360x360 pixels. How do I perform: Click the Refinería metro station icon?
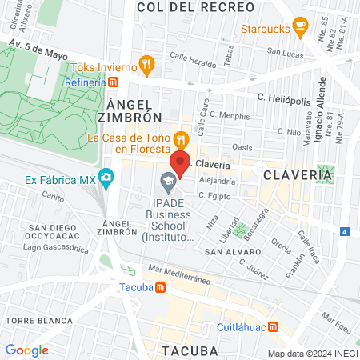coord(114,82)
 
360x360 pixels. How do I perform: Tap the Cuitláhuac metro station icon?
coord(273,326)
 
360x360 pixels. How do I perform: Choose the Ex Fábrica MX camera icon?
coord(106,177)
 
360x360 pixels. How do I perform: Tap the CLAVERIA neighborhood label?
coord(297,174)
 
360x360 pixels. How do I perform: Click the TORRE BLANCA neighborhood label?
coord(30,320)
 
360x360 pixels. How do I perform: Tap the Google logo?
coord(26,350)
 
